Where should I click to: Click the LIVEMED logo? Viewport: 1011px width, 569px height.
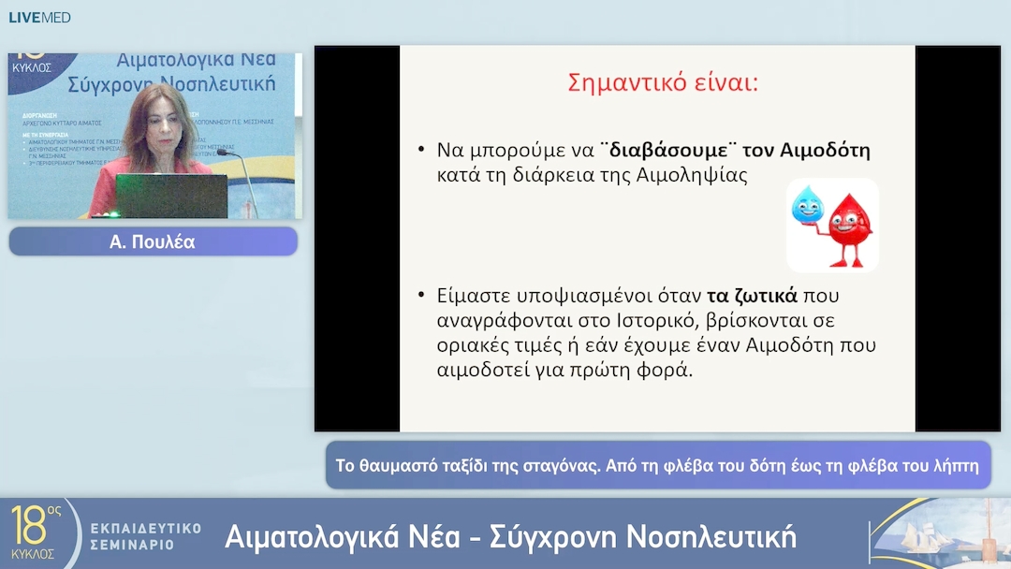coord(39,17)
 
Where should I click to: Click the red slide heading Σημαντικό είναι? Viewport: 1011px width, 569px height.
coord(663,82)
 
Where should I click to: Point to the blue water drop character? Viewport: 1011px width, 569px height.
coord(806,205)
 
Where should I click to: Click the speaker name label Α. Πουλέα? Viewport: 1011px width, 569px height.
coord(153,242)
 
